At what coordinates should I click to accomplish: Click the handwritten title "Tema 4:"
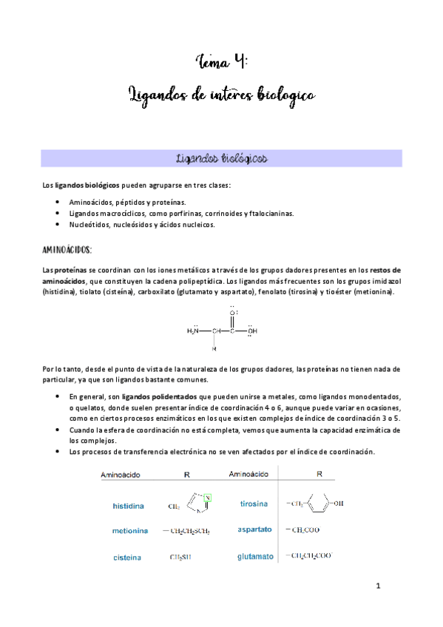point(221,60)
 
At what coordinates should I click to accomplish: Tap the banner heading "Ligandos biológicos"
point(222,159)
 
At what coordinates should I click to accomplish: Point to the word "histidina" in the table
point(128,506)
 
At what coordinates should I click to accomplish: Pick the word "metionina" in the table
point(130,531)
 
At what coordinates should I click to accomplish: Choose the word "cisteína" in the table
point(128,557)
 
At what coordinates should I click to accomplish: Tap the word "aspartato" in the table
point(254,529)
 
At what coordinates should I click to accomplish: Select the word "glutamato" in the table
point(255,555)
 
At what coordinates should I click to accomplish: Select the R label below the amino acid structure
point(214,349)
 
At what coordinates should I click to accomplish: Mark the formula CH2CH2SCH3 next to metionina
point(180,531)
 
